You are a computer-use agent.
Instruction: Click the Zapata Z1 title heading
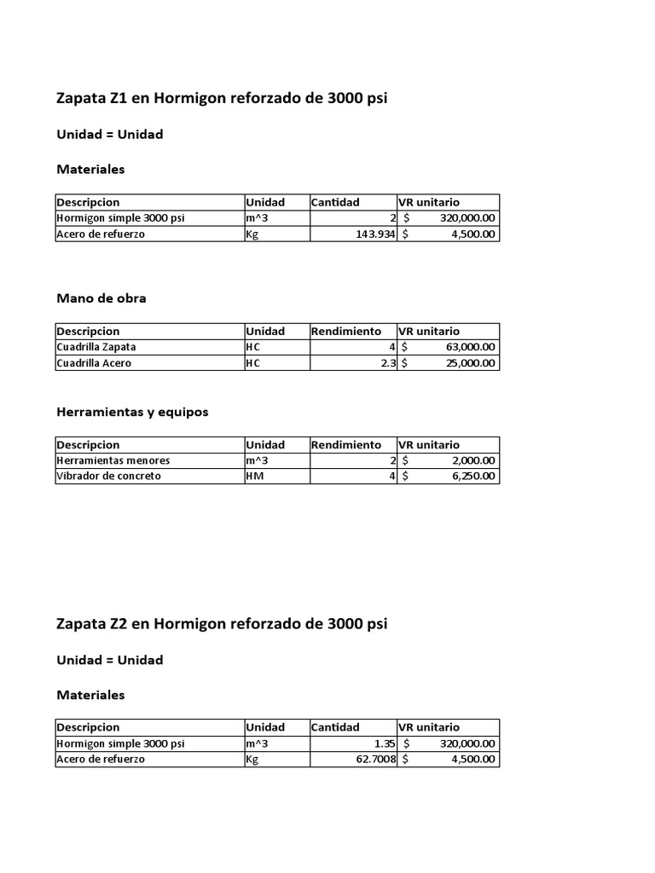click(x=222, y=98)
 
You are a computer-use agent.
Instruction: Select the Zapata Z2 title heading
click(x=222, y=623)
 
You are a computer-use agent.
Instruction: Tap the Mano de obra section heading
click(x=101, y=298)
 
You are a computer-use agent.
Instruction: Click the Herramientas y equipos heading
click(x=132, y=412)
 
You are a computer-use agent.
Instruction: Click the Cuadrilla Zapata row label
click(x=96, y=348)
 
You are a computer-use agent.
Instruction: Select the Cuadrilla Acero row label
click(x=94, y=363)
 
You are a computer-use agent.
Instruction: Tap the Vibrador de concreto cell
click(x=108, y=477)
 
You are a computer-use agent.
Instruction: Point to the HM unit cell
click(x=254, y=477)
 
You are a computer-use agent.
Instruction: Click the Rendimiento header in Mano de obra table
click(x=346, y=332)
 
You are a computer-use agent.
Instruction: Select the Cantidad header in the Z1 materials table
click(x=335, y=203)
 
